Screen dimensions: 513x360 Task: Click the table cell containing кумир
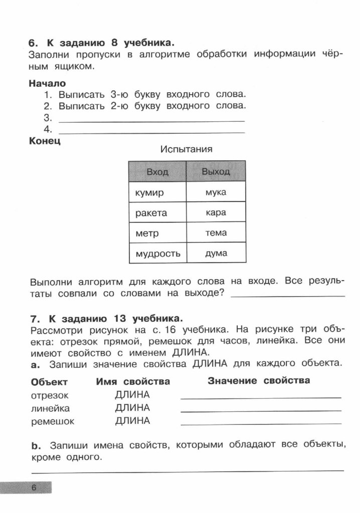pos(157,192)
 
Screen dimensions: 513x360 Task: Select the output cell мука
pos(216,192)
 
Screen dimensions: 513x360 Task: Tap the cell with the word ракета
pos(157,212)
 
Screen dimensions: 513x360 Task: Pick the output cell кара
pos(216,212)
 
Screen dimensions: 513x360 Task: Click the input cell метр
pos(157,233)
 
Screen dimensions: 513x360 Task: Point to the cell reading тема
pos(216,233)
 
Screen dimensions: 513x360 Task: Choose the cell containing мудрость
pos(157,253)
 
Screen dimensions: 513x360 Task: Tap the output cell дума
pos(216,253)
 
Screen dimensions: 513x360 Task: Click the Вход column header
pos(157,172)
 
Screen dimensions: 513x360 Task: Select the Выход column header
pos(216,172)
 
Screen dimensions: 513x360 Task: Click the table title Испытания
pos(187,149)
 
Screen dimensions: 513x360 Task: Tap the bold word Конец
pos(45,142)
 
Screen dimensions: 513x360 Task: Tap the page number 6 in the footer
pos(34,488)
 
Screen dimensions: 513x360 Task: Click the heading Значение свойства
pos(259,381)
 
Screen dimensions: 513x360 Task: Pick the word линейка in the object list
pos(50,408)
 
